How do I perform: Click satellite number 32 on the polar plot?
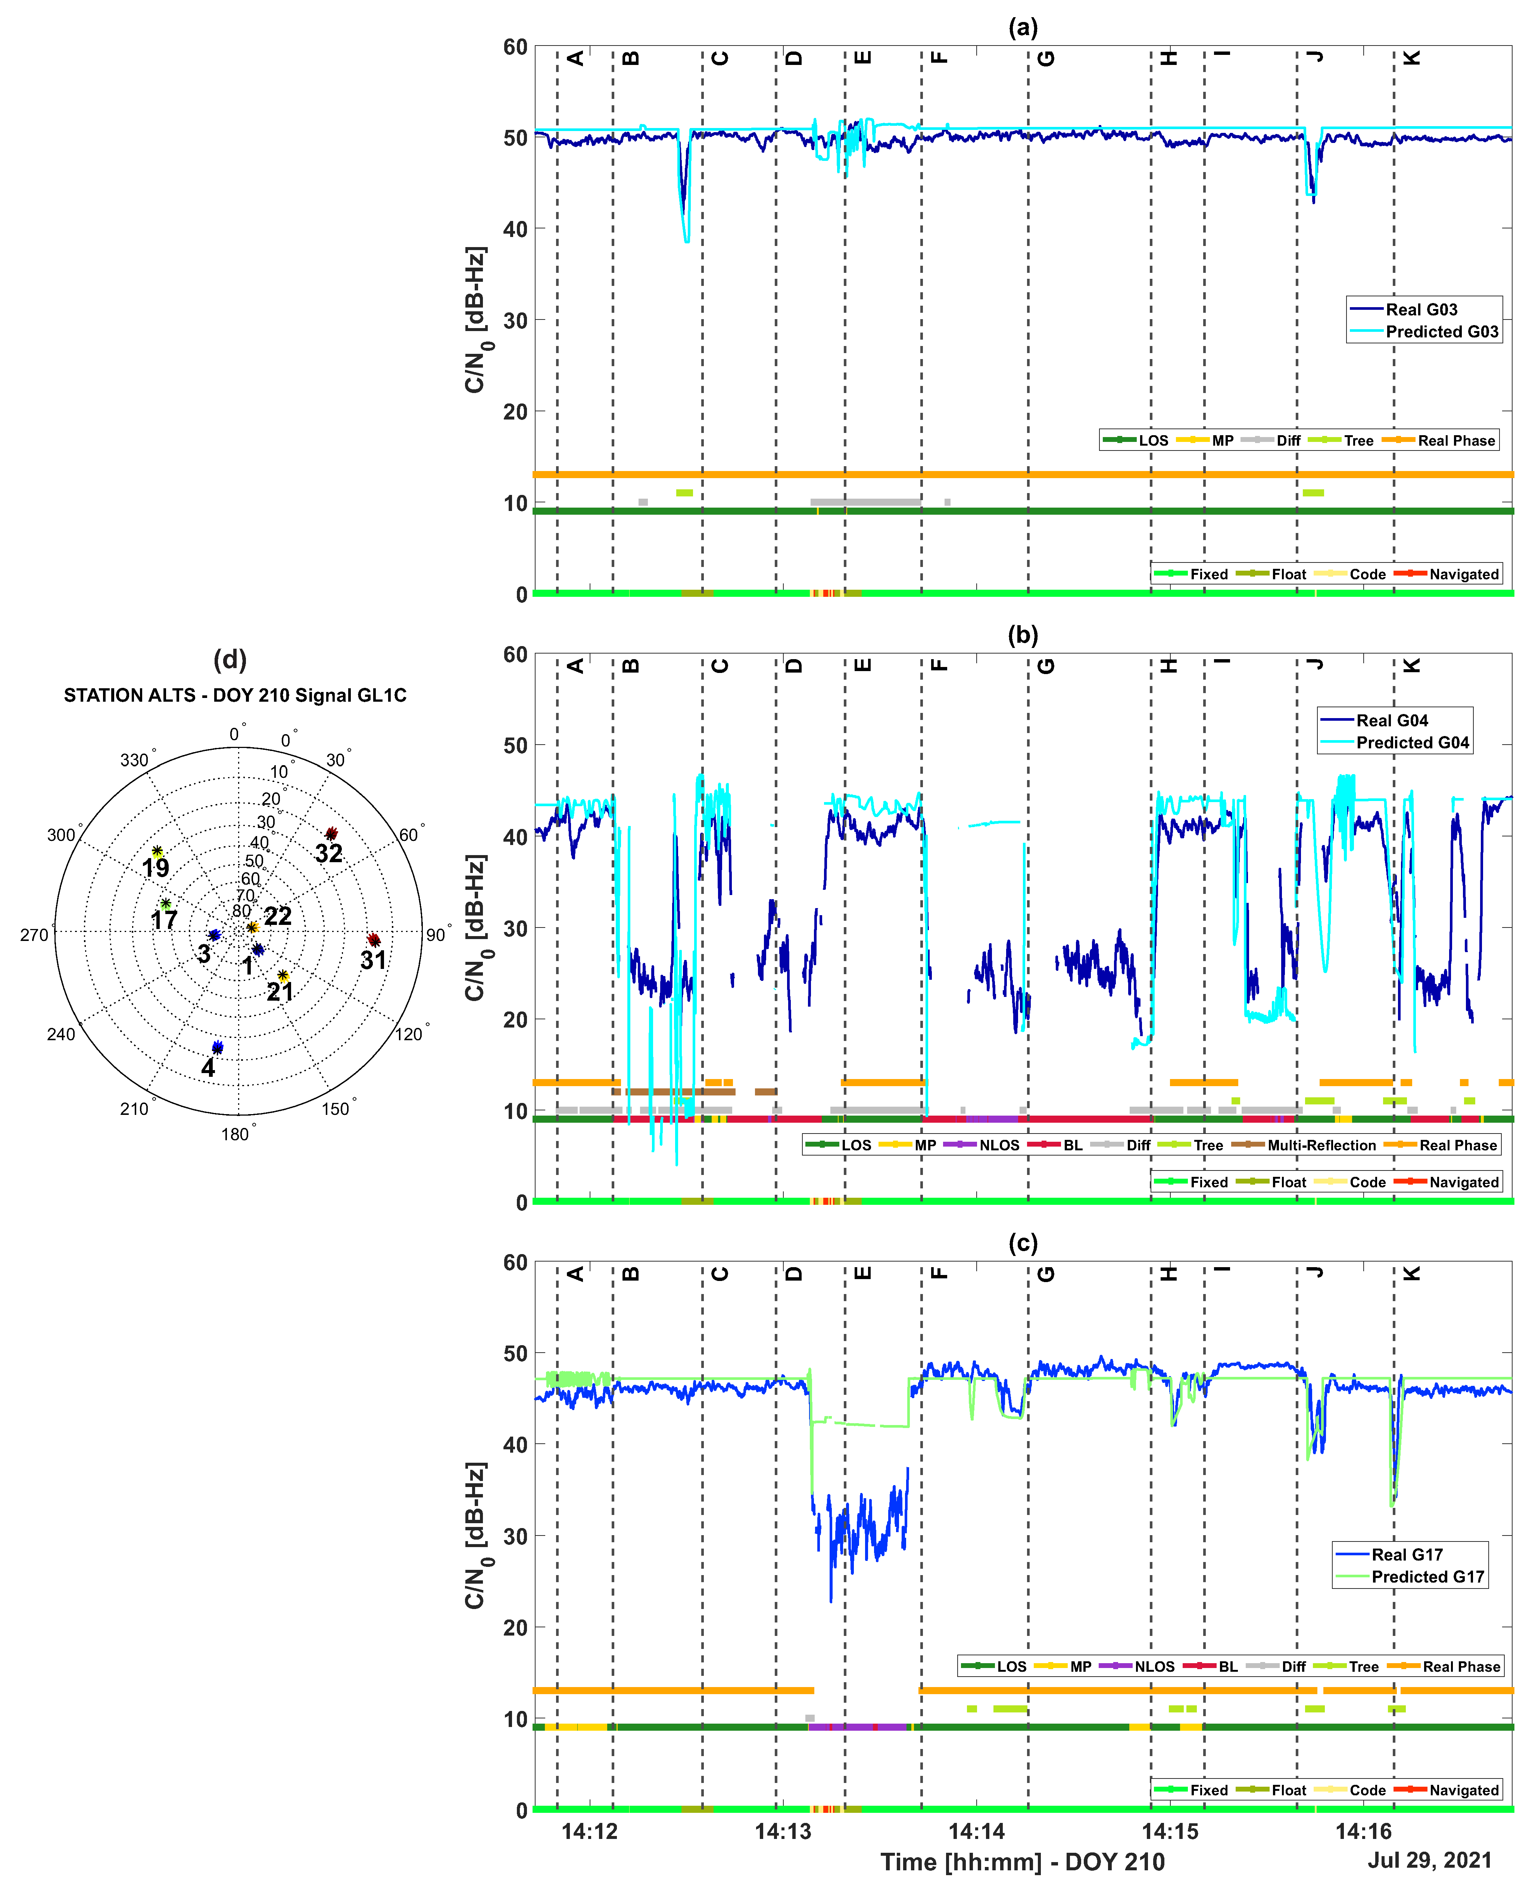(x=329, y=853)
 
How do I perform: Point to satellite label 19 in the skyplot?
(x=156, y=868)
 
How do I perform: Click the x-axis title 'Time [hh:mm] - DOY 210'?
(x=1022, y=1861)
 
